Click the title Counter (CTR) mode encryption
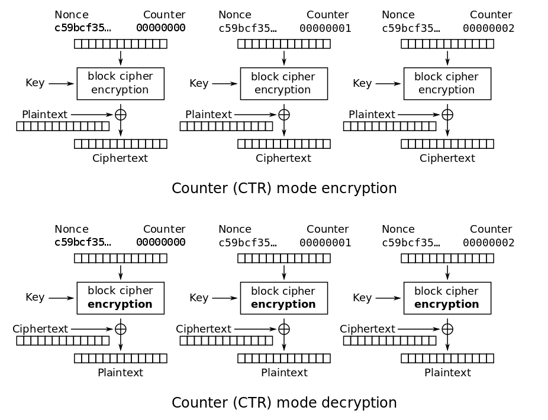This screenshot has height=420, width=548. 284,188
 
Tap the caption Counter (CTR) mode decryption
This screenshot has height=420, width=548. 284,403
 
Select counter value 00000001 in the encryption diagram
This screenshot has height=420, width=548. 325,28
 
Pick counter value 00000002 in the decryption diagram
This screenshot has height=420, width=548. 488,243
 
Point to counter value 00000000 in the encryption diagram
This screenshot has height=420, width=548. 161,28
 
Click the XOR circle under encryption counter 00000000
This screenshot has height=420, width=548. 121,115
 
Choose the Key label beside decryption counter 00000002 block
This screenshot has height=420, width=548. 362,298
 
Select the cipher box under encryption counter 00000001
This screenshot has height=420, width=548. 283,83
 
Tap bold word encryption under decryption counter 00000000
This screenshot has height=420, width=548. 120,304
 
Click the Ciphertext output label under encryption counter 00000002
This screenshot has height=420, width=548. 447,158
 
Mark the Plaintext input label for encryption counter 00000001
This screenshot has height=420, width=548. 208,115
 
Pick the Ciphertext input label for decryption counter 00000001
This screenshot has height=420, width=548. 204,329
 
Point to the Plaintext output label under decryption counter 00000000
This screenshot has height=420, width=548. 120,373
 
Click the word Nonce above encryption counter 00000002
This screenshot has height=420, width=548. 398,15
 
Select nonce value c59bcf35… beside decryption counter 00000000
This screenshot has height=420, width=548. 82,243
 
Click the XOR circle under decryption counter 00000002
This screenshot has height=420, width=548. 447,329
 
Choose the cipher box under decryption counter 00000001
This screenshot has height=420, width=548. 283,298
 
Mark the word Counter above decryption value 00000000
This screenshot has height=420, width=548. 165,229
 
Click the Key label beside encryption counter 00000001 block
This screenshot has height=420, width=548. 199,83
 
